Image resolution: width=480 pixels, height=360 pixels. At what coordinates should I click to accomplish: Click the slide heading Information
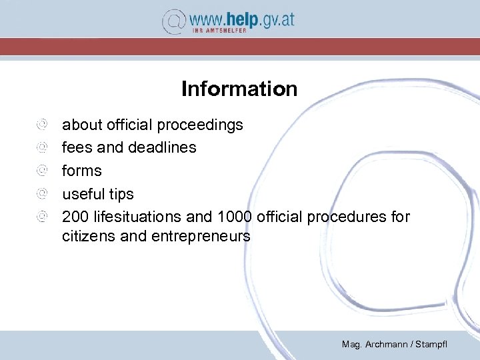click(x=239, y=89)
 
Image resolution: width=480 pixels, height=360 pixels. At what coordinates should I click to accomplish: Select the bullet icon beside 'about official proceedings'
click(x=42, y=124)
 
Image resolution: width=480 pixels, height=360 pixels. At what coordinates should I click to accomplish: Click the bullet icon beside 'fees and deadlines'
click(x=42, y=147)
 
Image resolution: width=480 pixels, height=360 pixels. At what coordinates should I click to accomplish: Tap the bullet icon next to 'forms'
click(x=42, y=171)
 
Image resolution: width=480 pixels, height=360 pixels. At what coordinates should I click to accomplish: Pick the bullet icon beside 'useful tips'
click(x=42, y=194)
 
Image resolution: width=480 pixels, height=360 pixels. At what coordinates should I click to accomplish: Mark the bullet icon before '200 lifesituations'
click(x=42, y=217)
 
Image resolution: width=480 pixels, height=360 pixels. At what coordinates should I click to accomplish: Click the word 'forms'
click(x=82, y=171)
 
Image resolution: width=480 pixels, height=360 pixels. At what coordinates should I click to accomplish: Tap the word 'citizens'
click(x=89, y=236)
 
